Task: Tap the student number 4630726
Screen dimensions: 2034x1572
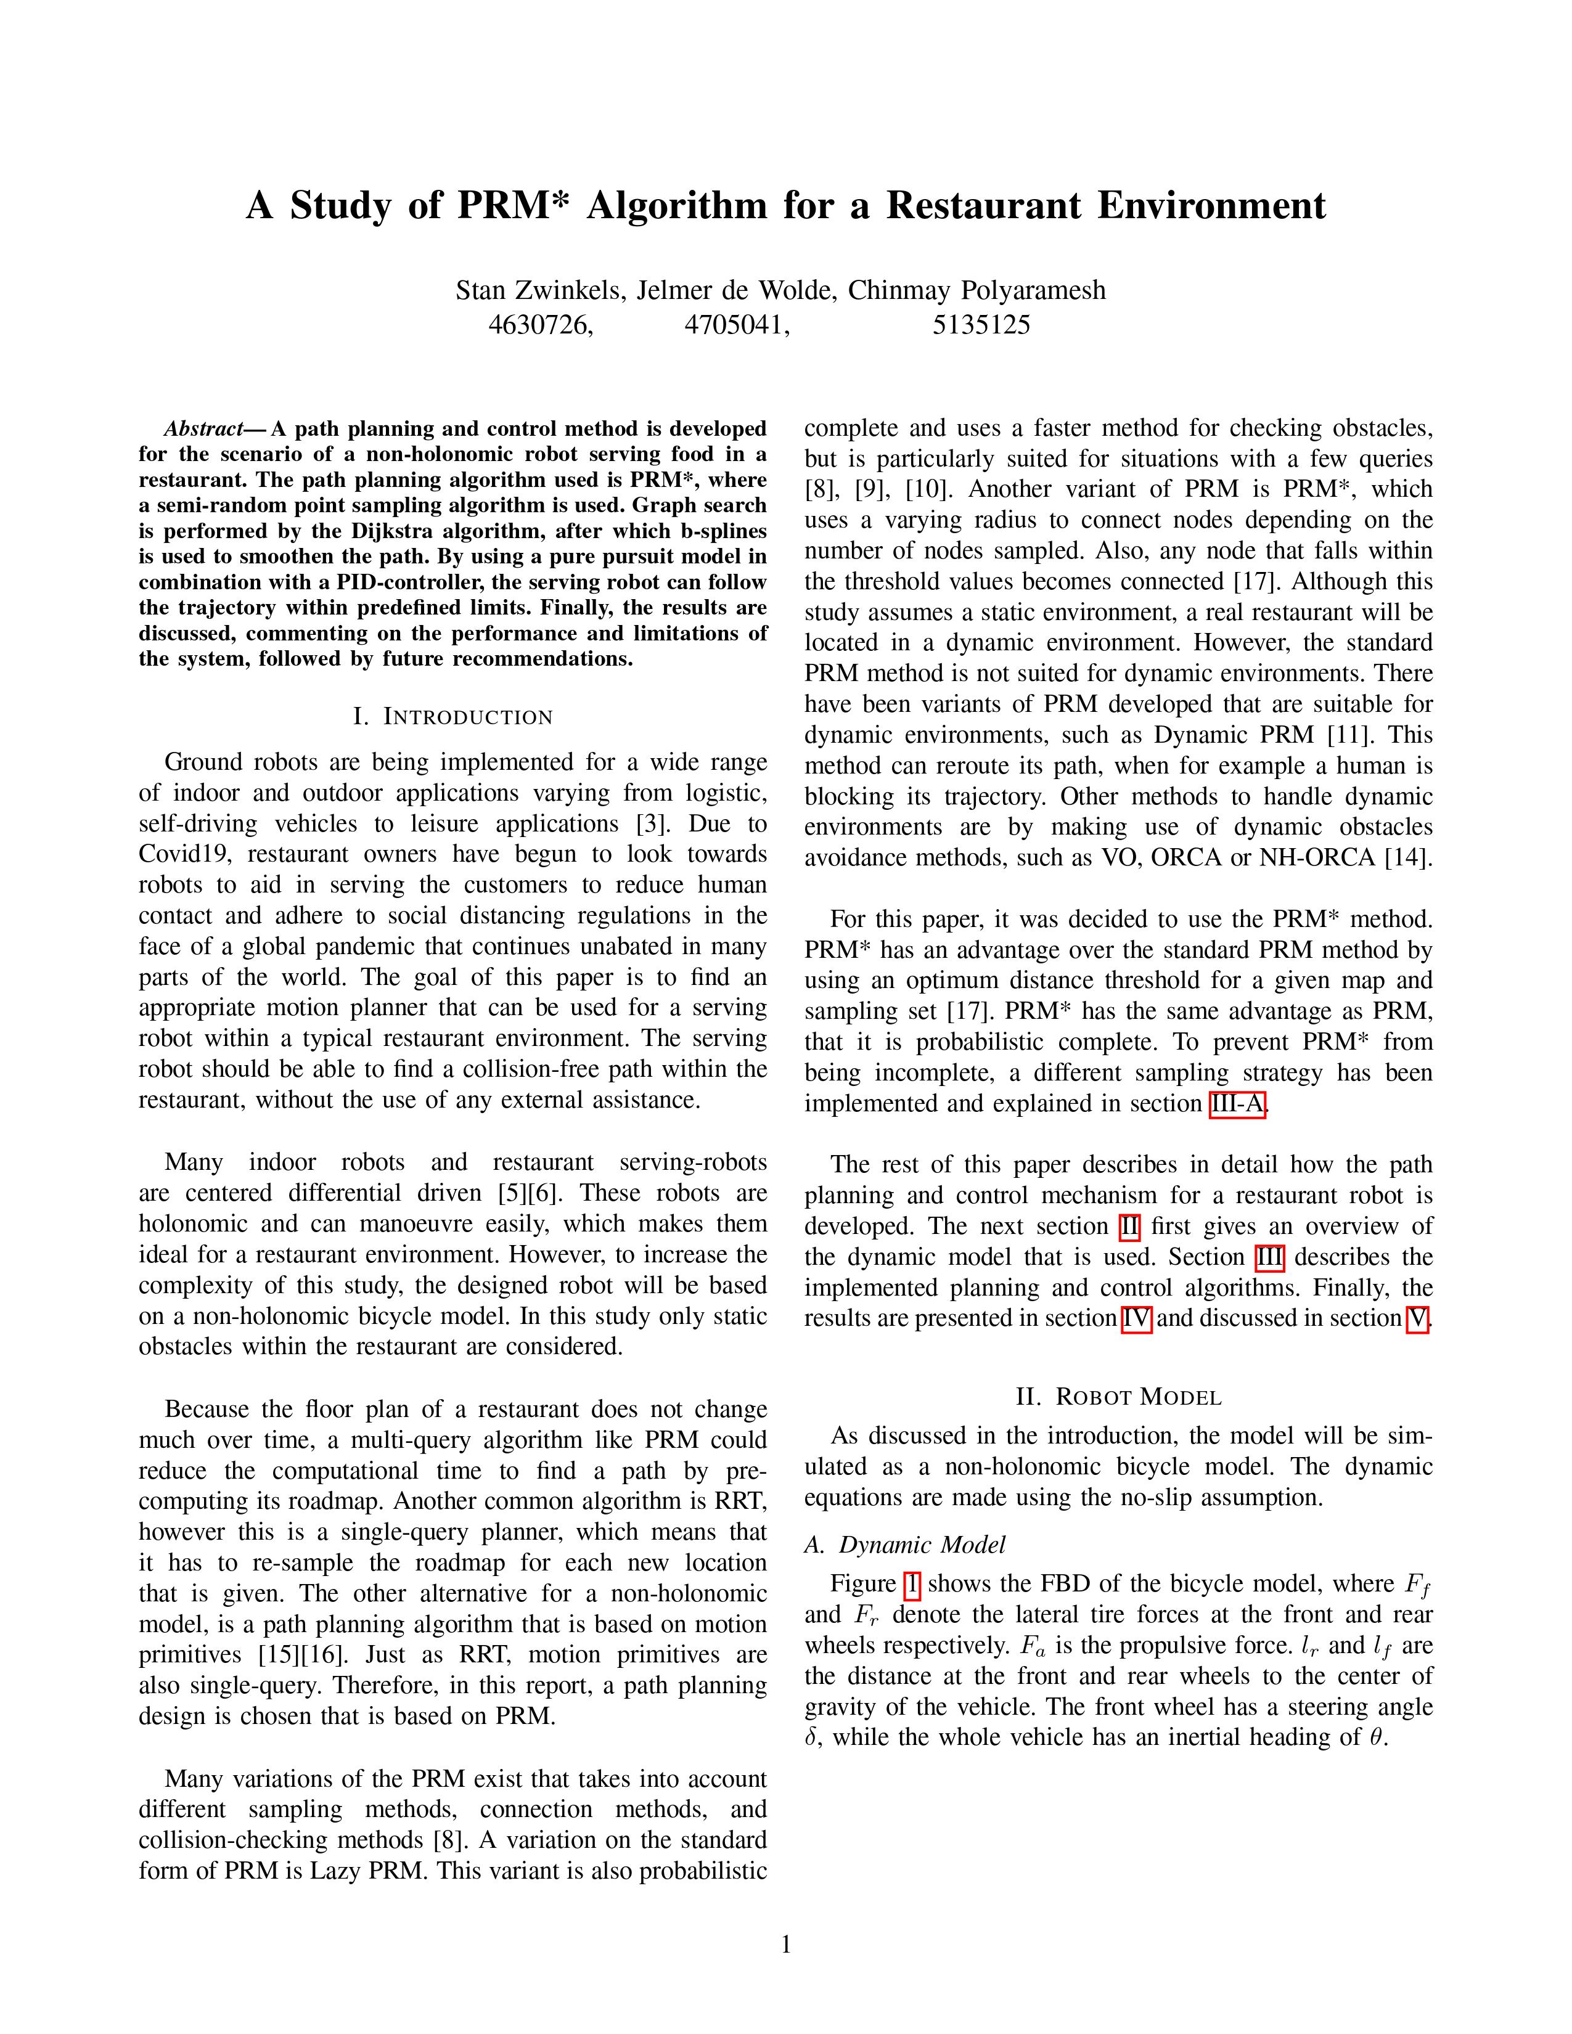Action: point(540,325)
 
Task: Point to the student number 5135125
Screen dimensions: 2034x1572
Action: point(981,325)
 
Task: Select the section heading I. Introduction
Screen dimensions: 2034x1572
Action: point(452,717)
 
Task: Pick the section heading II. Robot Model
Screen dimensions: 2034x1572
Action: point(1118,1397)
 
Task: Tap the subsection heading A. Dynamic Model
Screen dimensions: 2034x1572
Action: point(904,1545)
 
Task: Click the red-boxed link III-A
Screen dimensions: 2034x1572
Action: point(1237,1105)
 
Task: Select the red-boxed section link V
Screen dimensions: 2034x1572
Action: point(1417,1319)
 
